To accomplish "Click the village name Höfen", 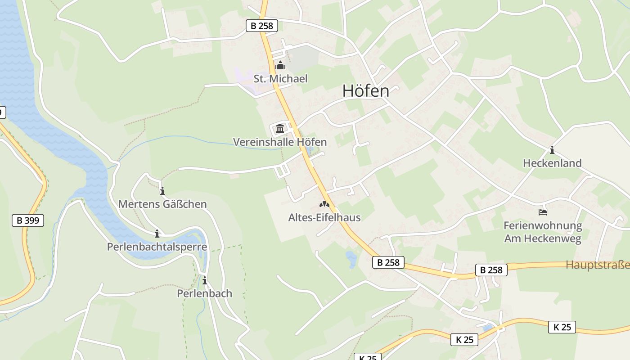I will (x=365, y=91).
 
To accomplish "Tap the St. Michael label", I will (x=280, y=79).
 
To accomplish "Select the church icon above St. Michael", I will (x=280, y=66).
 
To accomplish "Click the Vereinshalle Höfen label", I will (x=279, y=142).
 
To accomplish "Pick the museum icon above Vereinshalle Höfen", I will (x=280, y=129).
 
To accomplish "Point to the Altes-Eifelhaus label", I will (x=324, y=218).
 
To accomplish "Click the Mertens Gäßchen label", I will (x=162, y=204).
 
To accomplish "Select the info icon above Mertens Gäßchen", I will (x=162, y=191).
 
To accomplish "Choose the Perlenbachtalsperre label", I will (x=157, y=247).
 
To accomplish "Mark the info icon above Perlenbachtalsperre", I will (x=157, y=234).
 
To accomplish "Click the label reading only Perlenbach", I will (x=204, y=294).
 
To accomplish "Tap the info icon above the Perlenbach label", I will (x=205, y=281).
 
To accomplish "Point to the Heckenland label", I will (x=552, y=163).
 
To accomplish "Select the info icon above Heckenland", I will (x=552, y=150).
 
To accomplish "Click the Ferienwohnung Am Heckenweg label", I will (x=543, y=232).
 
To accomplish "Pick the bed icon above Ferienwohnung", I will (x=543, y=212).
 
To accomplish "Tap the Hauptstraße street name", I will (x=597, y=265).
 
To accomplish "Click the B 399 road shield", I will (x=27, y=220).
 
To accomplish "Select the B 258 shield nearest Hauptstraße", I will (x=491, y=270).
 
